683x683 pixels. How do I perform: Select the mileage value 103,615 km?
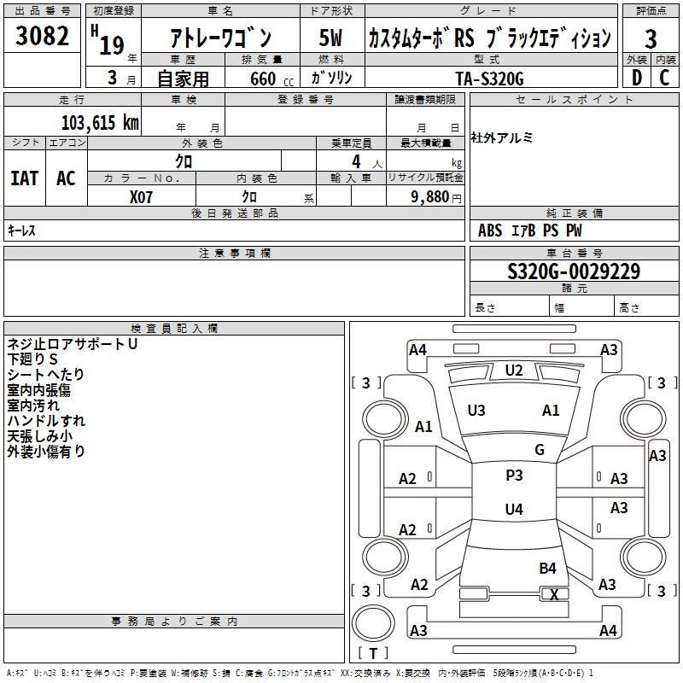100,122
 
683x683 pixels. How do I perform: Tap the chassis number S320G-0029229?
574,271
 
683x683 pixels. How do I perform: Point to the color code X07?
142,196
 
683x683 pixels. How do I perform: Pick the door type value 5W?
330,38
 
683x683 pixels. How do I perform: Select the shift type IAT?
25,178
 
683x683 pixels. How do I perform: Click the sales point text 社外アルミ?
502,138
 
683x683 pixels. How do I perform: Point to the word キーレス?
21,231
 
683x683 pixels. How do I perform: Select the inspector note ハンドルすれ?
46,421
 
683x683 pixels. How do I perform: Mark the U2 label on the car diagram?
513,371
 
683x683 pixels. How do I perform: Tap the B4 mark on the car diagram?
547,568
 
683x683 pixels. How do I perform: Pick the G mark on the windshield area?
540,450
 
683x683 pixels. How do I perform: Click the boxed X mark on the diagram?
554,594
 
